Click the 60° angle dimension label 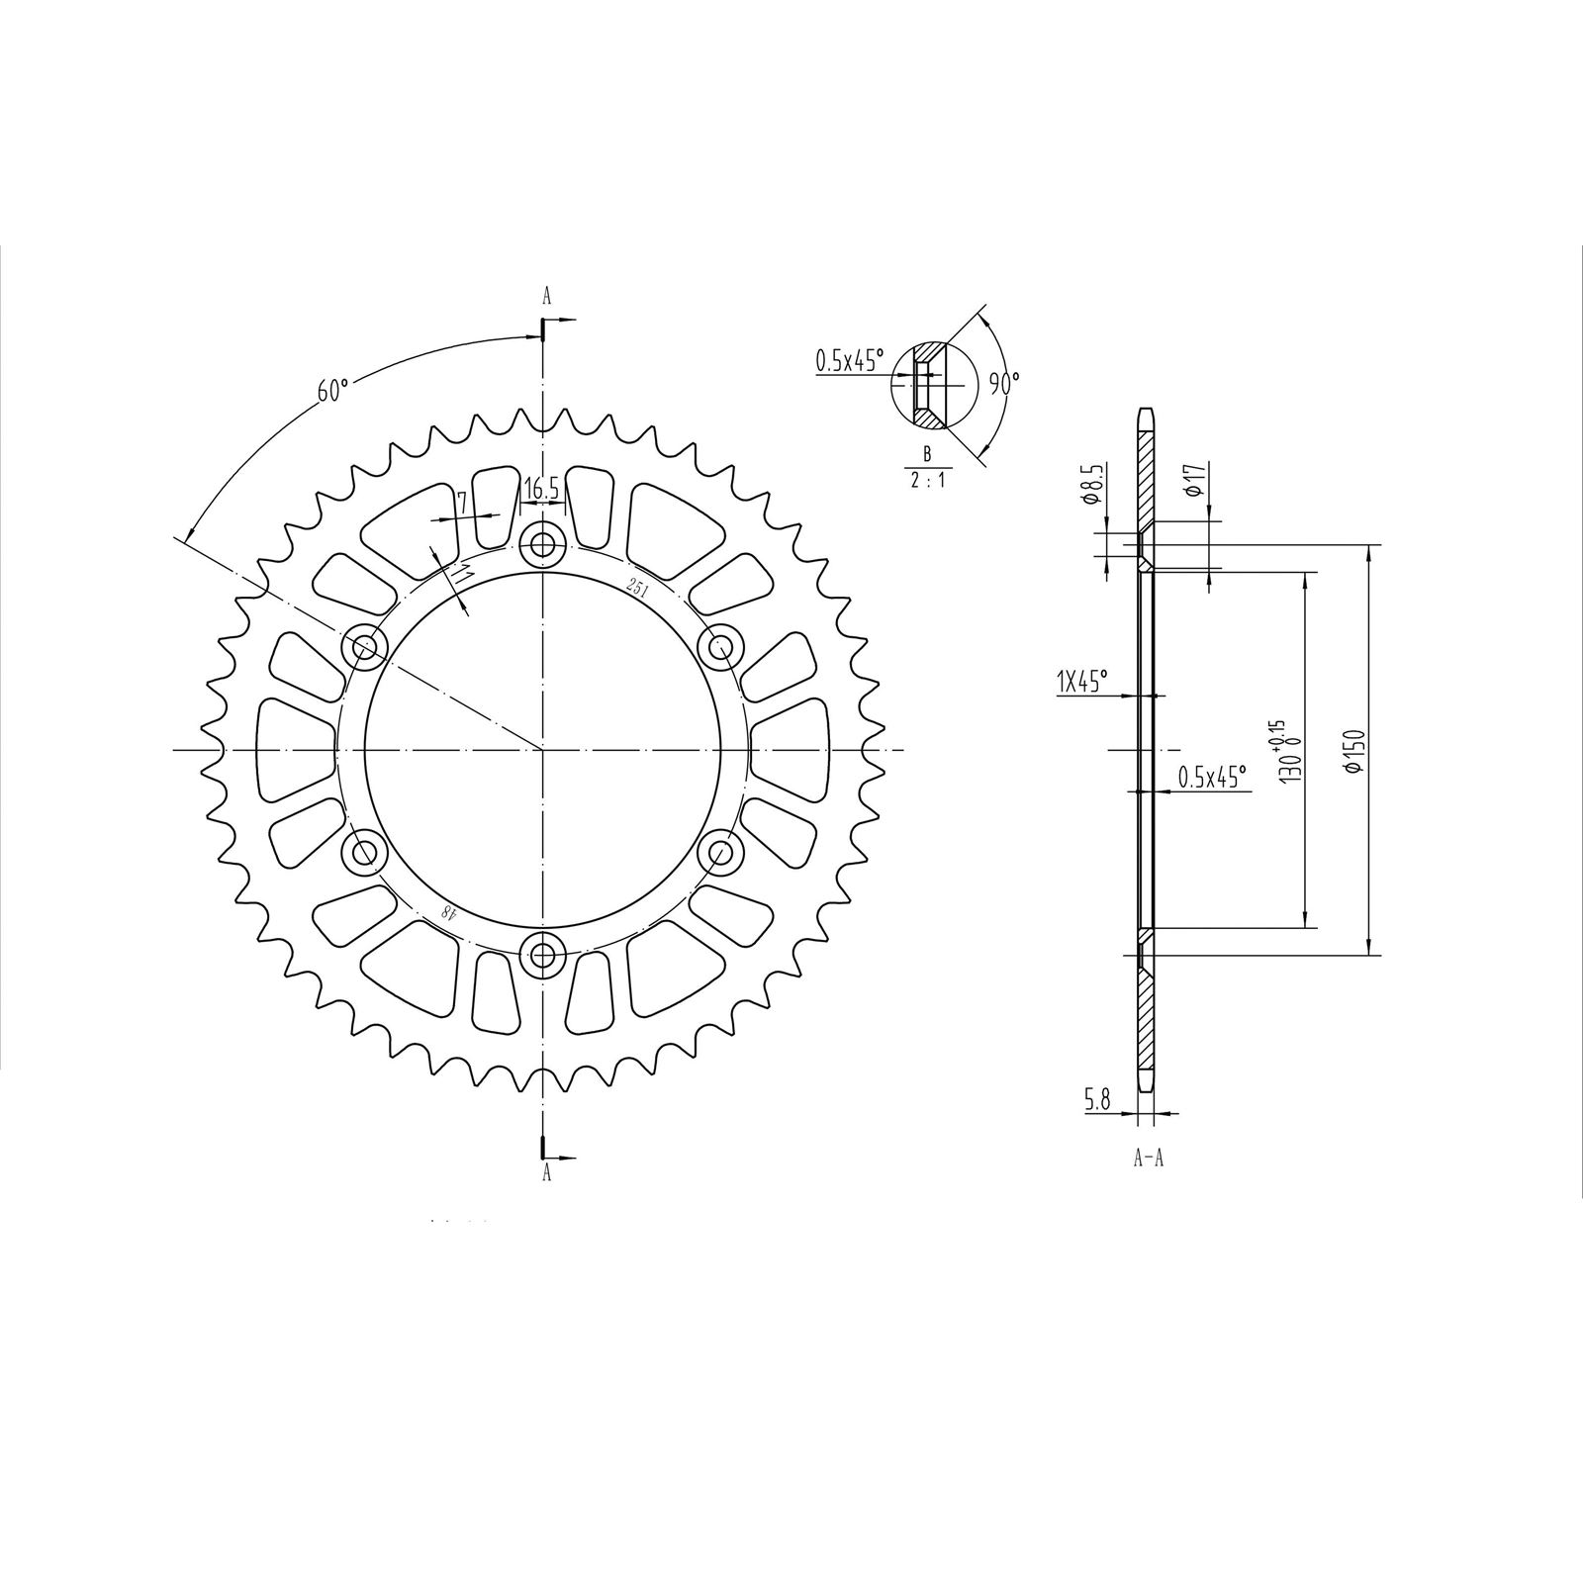(x=333, y=390)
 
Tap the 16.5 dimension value (x=541, y=488)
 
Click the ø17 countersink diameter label (x=1193, y=478)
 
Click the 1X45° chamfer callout (x=1081, y=681)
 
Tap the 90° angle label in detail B (x=1005, y=383)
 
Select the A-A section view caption (x=1148, y=1159)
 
